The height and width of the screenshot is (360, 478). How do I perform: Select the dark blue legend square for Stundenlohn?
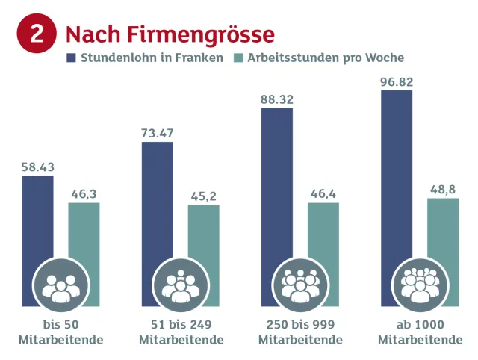[x=71, y=58]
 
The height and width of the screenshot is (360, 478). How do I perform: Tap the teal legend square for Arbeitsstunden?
[x=239, y=58]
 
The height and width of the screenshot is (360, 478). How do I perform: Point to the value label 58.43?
[x=37, y=167]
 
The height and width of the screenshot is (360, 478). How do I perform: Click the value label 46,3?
[x=84, y=194]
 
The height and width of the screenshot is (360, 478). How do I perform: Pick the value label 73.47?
[x=157, y=133]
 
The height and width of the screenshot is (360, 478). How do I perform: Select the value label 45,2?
[x=203, y=196]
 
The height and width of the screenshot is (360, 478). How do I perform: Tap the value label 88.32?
[x=276, y=99]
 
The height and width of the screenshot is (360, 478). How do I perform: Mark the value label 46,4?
[x=323, y=194]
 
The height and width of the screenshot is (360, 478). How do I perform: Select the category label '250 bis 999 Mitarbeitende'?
[x=299, y=332]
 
